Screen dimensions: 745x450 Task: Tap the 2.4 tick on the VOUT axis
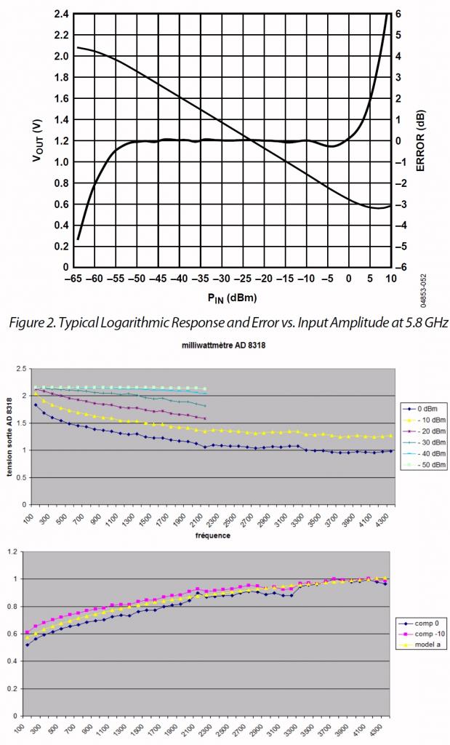[61, 14]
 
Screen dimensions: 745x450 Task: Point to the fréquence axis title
[213, 535]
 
